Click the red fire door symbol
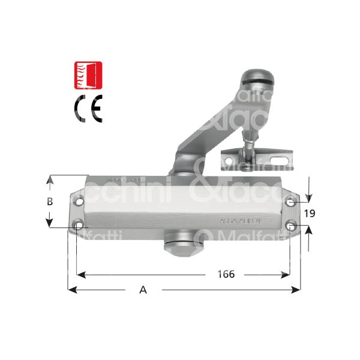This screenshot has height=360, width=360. [x=87, y=74]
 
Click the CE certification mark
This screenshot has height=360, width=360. [x=88, y=109]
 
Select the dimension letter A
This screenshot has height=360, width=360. [x=143, y=290]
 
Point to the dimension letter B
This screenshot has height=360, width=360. [x=51, y=202]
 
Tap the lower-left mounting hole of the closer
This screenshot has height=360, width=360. [x=79, y=226]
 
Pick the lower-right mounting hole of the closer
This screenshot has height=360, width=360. [x=290, y=226]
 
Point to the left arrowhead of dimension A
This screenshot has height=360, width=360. [x=71, y=290]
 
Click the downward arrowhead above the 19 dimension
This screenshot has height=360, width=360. [x=308, y=199]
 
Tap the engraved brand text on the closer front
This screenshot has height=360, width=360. [x=239, y=221]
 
